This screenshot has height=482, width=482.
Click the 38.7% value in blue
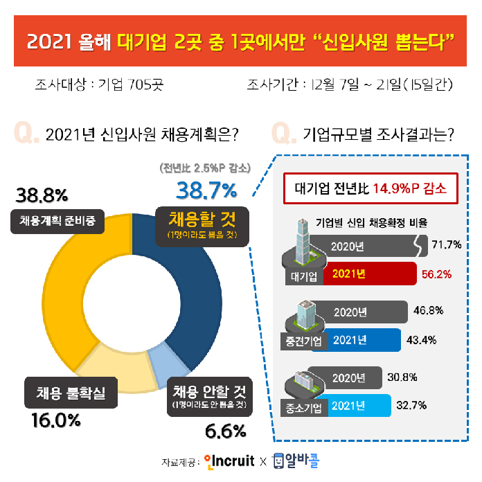tap(206, 189)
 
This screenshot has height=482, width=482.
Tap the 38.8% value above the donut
tap(42, 195)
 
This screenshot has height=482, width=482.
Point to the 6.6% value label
tap(226, 431)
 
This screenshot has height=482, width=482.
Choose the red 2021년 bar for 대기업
tap(367, 274)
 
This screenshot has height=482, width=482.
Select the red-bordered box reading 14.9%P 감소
tap(371, 188)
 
